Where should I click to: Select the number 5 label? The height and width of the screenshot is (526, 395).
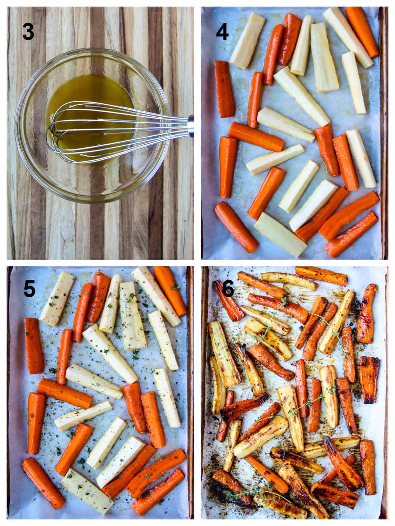[29, 289]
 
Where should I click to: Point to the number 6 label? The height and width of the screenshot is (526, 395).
[228, 289]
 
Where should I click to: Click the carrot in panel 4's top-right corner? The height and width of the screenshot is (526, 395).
[362, 31]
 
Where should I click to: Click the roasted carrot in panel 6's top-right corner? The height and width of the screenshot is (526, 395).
[367, 314]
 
